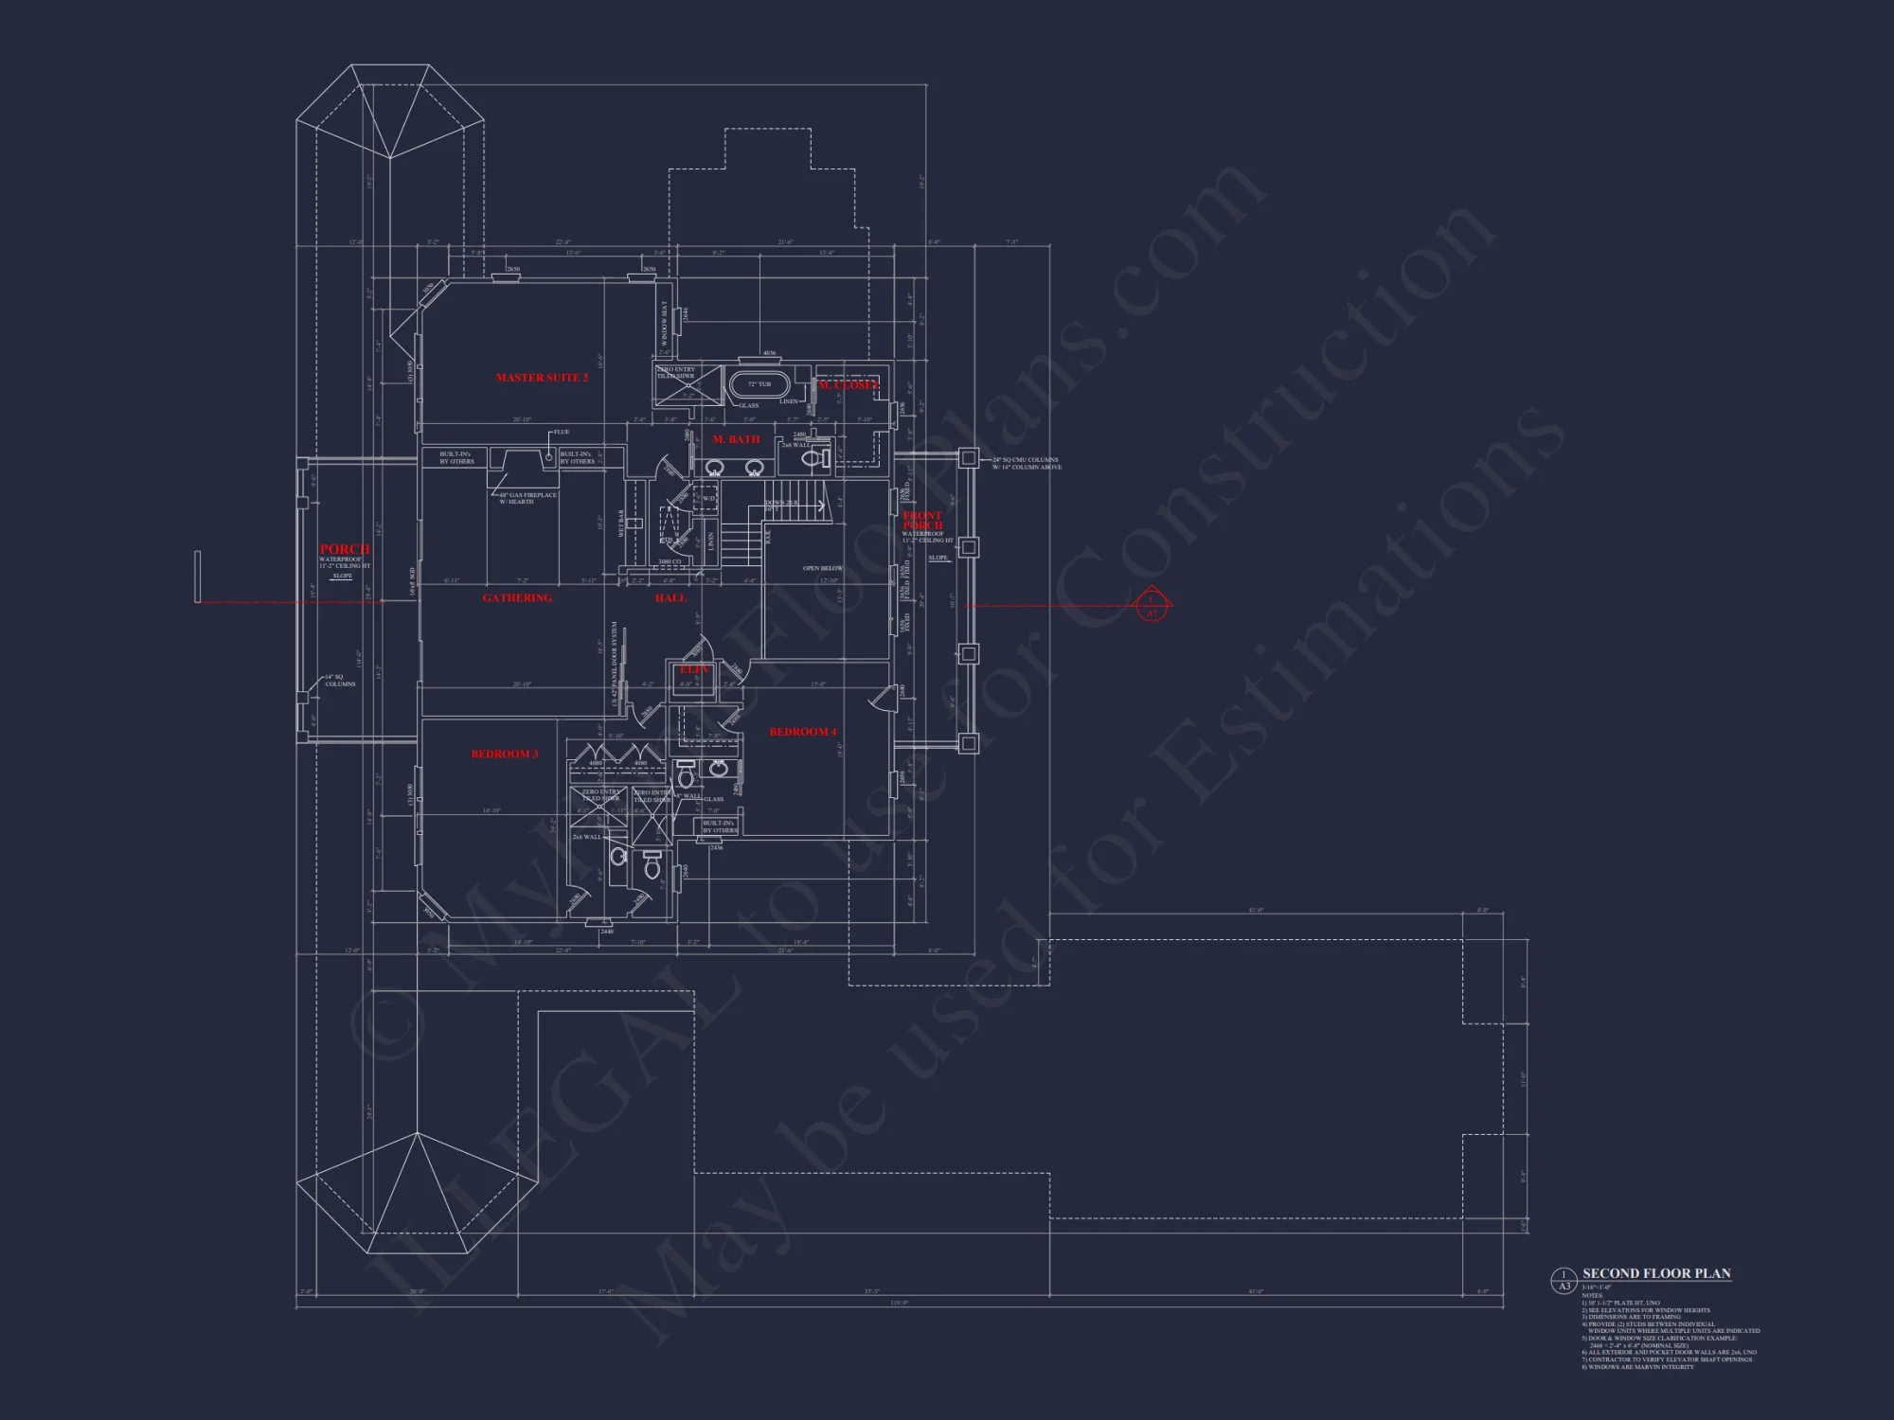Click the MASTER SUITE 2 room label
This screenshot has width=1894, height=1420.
coord(542,378)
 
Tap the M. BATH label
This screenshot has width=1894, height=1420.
coord(736,439)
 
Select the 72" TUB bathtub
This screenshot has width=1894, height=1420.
coord(759,385)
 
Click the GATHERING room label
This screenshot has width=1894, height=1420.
coord(517,598)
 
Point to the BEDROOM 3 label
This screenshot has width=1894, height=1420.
coord(504,754)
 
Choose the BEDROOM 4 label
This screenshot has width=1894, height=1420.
coord(803,732)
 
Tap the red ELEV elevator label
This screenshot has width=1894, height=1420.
coord(694,670)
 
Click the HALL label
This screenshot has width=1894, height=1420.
coord(670,598)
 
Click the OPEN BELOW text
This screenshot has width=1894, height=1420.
coord(823,569)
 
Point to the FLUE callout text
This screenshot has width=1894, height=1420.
coord(562,433)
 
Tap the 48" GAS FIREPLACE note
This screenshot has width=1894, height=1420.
coord(528,498)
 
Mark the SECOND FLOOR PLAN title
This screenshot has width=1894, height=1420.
coord(1656,1273)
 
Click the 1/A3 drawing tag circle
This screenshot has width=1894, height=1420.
coord(1563,1281)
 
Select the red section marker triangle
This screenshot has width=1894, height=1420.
coord(1152,605)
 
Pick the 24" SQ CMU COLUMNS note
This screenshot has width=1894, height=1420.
coord(1027,463)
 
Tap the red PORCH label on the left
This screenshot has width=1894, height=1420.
coord(345,549)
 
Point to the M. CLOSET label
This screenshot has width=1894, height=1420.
coord(849,385)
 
